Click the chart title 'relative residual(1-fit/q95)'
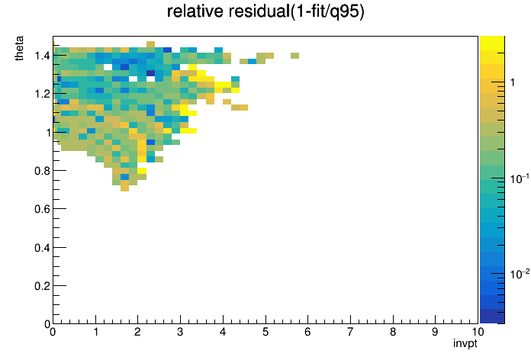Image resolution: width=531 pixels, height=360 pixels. click(x=265, y=11)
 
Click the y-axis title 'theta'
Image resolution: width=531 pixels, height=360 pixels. click(x=19, y=48)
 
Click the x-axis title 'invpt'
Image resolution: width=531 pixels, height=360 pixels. click(x=465, y=343)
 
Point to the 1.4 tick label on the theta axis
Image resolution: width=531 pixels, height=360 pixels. click(x=42, y=56)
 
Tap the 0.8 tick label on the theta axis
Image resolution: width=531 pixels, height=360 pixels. click(x=42, y=171)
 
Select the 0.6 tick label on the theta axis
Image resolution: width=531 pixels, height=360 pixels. click(x=42, y=209)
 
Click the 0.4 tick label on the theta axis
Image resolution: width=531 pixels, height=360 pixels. click(x=42, y=248)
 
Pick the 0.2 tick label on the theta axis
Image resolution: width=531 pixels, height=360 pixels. click(x=42, y=286)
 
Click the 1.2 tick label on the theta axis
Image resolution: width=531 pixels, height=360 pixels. click(x=42, y=94)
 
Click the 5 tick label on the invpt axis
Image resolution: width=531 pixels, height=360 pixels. click(x=265, y=332)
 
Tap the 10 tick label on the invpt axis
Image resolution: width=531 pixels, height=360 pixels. click(x=478, y=332)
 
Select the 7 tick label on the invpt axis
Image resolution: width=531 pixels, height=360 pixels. click(x=350, y=332)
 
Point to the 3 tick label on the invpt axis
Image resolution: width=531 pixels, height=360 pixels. click(x=180, y=332)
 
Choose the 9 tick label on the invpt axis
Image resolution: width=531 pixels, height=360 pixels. click(x=435, y=332)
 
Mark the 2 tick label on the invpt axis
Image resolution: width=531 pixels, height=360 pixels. click(x=137, y=332)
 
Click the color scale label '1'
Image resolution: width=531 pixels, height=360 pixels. click(x=513, y=82)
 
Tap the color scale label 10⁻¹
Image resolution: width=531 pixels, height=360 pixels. click(x=520, y=178)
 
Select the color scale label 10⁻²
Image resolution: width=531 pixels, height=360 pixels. click(x=520, y=274)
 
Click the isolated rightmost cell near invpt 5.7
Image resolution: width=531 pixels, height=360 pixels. click(x=294, y=56)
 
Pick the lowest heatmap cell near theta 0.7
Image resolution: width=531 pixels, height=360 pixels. click(x=124, y=188)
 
